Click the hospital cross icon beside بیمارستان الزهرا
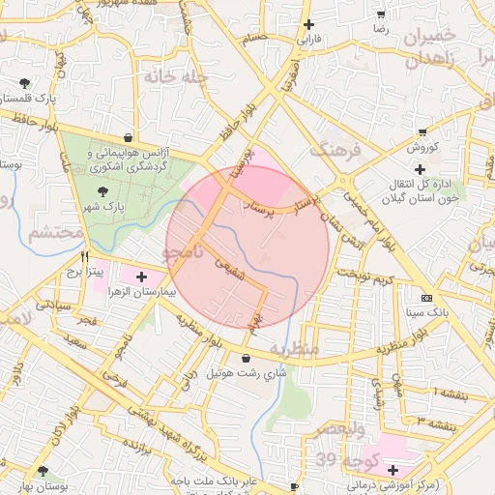(x=142, y=277)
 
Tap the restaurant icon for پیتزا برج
(x=85, y=258)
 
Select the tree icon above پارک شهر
(x=103, y=192)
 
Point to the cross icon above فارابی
(x=308, y=24)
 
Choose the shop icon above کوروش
(x=422, y=131)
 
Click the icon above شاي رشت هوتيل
(x=246, y=358)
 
